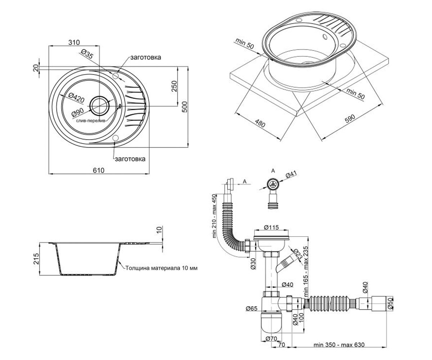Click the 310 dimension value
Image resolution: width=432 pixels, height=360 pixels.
(x=74, y=42)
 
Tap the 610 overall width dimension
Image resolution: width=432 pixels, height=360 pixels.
(x=99, y=170)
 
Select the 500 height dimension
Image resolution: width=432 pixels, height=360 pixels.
(x=185, y=107)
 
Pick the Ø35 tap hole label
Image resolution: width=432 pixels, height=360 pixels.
(x=87, y=54)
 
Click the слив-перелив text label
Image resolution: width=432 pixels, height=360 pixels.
(x=91, y=120)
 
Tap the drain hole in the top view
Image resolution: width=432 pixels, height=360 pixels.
(x=99, y=106)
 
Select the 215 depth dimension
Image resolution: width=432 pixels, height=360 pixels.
(x=36, y=258)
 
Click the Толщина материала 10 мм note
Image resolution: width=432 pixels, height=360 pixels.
(x=162, y=268)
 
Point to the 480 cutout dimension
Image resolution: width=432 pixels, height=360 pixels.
(x=260, y=123)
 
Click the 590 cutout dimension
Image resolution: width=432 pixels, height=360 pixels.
(x=350, y=118)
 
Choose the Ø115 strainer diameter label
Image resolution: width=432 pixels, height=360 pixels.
(x=271, y=228)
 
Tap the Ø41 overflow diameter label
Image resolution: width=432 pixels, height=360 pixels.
(x=291, y=174)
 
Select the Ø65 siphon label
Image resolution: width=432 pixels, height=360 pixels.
(x=252, y=309)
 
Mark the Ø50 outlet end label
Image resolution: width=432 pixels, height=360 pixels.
(x=390, y=304)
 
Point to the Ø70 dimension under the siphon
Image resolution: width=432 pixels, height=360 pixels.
(x=271, y=339)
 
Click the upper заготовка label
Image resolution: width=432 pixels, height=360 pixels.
(x=146, y=57)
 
